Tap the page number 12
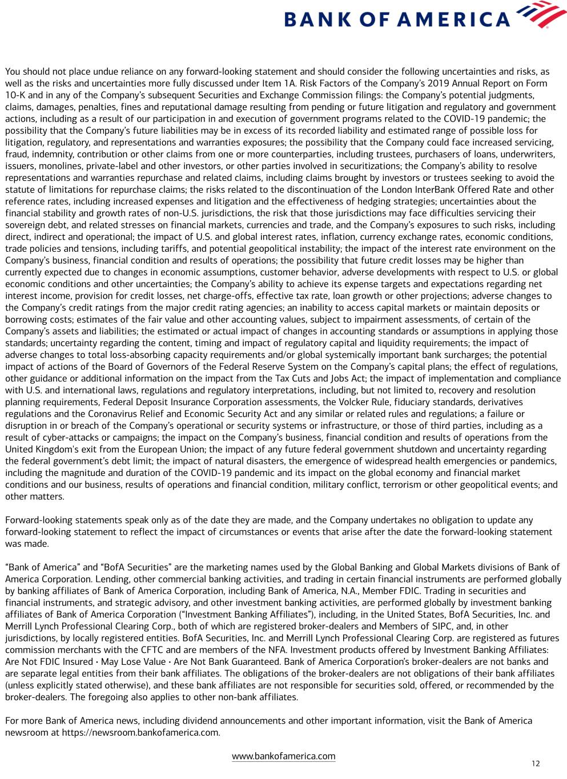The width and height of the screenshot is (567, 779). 535,764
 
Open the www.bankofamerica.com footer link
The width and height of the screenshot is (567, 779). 283,756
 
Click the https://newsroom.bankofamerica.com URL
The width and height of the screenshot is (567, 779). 140,732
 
